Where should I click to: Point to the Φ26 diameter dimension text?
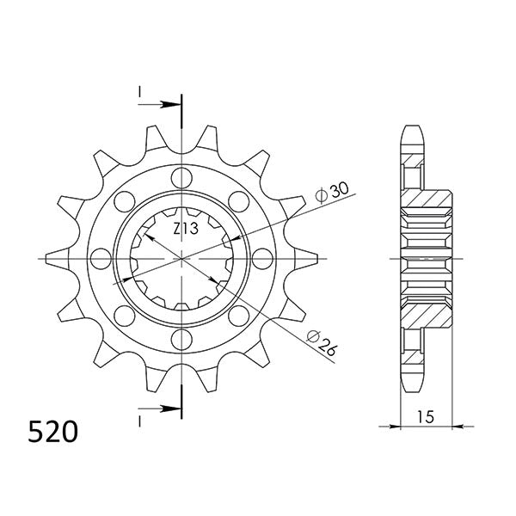[x=323, y=344]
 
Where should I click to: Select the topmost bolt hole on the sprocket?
[x=181, y=178]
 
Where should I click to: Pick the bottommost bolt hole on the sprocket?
[x=181, y=338]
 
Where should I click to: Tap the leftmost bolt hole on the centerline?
[x=101, y=258]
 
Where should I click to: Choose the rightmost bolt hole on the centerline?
[x=261, y=258]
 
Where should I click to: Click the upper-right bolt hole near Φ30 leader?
[x=238, y=201]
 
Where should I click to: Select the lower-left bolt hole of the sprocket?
[x=125, y=315]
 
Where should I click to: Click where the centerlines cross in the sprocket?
[x=181, y=258]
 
